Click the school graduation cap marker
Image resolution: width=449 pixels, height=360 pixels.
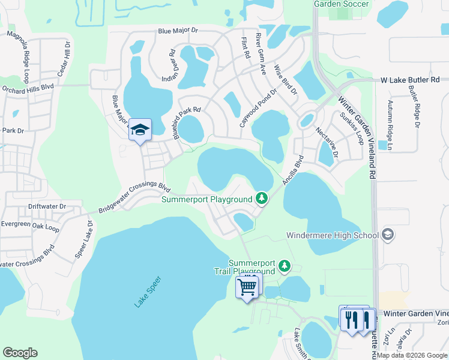(x=140, y=130)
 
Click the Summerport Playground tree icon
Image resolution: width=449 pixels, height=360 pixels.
(x=261, y=197)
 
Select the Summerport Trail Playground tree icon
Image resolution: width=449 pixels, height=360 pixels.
(x=286, y=265)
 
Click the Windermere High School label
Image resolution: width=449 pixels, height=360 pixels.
(x=332, y=235)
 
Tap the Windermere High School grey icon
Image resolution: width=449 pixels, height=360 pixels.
(x=388, y=234)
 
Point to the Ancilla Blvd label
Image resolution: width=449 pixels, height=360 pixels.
(x=292, y=170)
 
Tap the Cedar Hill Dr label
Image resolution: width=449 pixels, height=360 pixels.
(x=64, y=60)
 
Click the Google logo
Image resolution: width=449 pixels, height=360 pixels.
(x=20, y=353)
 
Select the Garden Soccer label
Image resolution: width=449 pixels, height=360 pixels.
(x=342, y=4)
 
